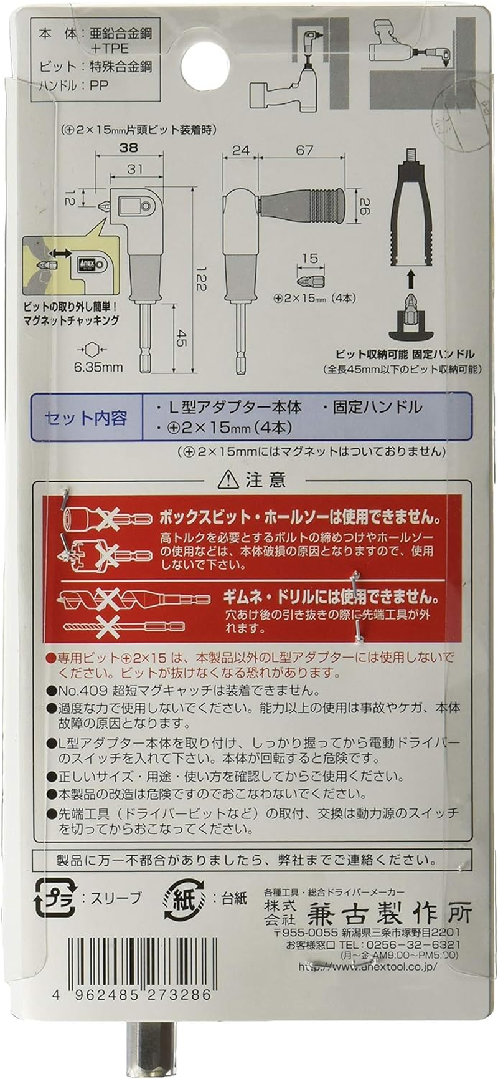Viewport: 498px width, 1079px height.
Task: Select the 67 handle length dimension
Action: (x=304, y=151)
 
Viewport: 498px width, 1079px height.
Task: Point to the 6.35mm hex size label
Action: (x=98, y=367)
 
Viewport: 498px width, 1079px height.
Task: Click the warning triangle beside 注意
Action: (x=228, y=479)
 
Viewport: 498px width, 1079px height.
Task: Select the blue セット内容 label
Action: (x=85, y=418)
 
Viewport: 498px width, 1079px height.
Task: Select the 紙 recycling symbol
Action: (x=185, y=898)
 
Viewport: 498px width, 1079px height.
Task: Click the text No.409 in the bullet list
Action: (x=77, y=691)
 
